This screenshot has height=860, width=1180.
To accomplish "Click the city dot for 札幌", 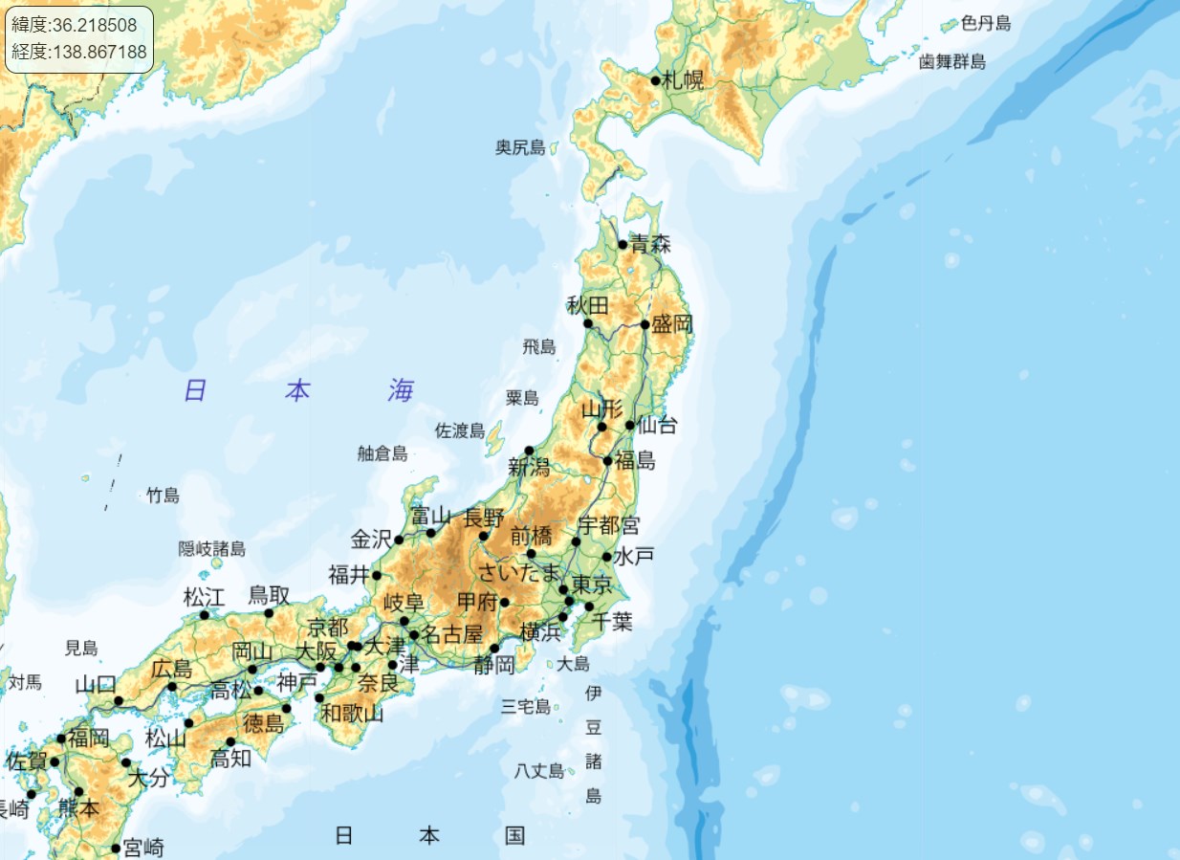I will (x=655, y=80).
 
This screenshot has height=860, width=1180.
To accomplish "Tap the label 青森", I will (x=650, y=244).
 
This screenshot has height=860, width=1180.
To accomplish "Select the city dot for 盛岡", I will (x=645, y=324).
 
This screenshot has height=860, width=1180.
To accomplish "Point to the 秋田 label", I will (x=587, y=306).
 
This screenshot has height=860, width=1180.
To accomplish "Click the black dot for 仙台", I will (x=630, y=425).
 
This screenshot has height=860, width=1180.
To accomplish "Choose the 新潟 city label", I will (x=530, y=468).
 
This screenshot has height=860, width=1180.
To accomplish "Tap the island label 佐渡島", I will (x=460, y=430).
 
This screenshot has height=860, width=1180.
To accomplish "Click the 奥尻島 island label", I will (x=520, y=147).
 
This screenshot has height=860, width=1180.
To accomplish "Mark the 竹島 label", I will (x=163, y=496).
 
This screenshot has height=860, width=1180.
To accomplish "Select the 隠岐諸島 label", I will (x=212, y=549).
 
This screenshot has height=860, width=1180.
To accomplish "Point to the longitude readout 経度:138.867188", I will (x=79, y=52).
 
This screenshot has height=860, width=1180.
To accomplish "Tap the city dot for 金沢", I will (x=399, y=540).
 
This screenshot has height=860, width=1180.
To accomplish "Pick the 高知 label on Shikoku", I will (x=230, y=759).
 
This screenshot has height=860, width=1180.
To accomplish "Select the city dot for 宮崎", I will (x=116, y=848).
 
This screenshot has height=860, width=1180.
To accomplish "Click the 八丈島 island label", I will (x=539, y=770).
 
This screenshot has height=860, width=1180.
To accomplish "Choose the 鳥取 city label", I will (x=269, y=595).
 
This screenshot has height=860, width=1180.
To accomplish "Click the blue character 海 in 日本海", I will (x=402, y=390).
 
